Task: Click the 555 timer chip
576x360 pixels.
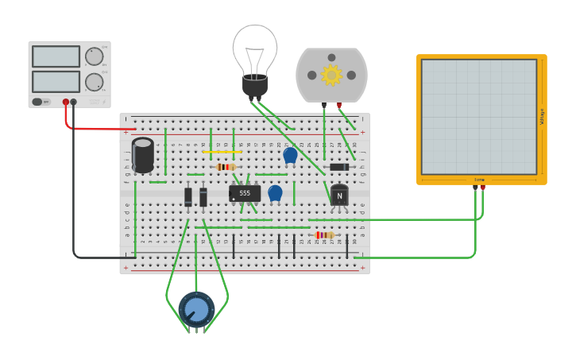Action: [245, 193]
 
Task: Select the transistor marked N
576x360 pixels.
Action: [339, 195]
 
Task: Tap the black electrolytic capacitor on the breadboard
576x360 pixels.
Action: [143, 155]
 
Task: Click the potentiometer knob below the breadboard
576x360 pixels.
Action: [196, 310]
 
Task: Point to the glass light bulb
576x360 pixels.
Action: [255, 52]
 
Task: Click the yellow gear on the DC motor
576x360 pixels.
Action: [331, 75]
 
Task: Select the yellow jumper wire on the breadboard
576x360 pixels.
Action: [222, 152]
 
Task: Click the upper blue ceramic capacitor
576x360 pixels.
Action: [291, 155]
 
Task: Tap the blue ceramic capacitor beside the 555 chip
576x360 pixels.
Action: [275, 192]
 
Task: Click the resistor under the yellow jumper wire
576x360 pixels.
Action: [226, 167]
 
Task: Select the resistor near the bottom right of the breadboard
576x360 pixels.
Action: [324, 235]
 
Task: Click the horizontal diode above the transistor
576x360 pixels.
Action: [339, 167]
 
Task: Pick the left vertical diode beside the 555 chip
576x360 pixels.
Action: [188, 196]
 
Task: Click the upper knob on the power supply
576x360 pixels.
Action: [94, 56]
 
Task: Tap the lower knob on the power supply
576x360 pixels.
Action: [94, 82]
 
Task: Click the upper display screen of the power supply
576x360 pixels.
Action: [56, 56]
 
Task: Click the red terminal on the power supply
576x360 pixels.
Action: [66, 102]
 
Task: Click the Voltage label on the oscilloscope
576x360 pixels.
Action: [542, 117]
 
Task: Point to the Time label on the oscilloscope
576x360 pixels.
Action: [479, 180]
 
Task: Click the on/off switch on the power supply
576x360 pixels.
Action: [41, 102]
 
